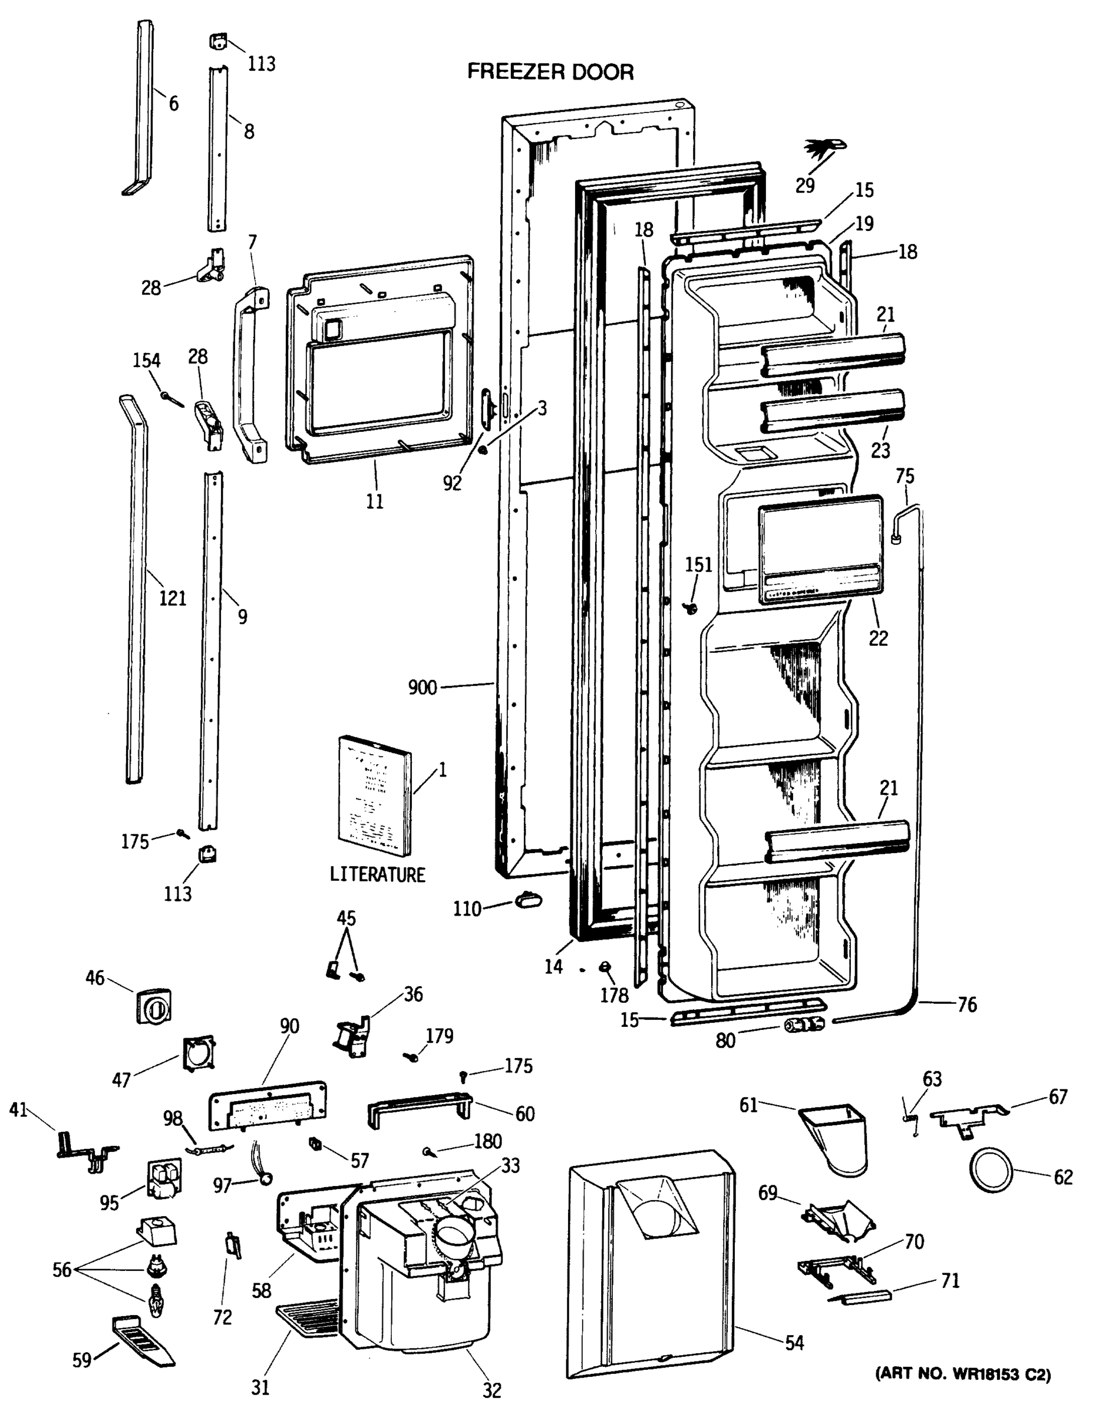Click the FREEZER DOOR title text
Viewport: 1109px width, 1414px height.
550,71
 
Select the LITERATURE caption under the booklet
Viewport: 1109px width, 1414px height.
377,874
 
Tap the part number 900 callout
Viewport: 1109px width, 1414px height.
422,687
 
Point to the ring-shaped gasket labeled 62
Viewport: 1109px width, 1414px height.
990,1169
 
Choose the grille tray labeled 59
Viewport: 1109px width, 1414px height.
142,1342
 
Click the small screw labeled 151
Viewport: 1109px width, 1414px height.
691,607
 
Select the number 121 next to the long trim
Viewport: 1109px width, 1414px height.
173,598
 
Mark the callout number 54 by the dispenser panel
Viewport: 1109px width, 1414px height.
794,1342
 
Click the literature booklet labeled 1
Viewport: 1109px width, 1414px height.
375,796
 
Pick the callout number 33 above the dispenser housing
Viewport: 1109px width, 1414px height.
510,1165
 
